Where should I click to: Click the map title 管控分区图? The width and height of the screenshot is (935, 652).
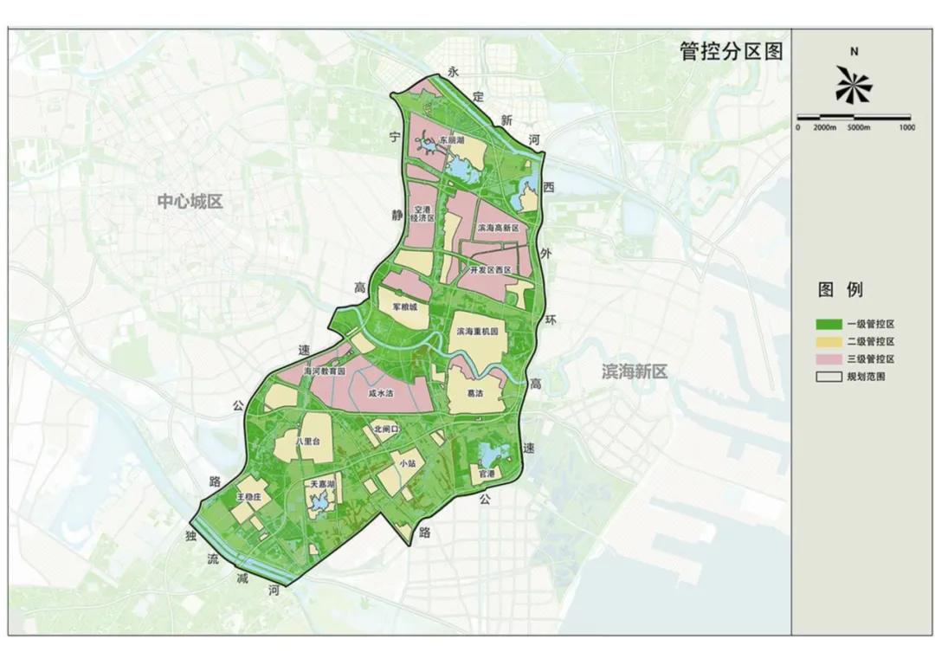[x=732, y=51]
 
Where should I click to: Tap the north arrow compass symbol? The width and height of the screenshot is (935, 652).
[x=854, y=85]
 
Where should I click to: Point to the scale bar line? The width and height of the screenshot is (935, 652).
[x=853, y=117]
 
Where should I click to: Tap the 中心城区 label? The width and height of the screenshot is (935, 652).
[x=190, y=202]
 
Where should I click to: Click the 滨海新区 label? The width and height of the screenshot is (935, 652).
[x=635, y=371]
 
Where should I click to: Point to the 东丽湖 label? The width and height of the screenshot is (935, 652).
[x=451, y=139]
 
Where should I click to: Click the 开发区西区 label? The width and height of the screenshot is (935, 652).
[x=490, y=270]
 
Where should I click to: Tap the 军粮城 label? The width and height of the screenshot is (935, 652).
[x=404, y=307]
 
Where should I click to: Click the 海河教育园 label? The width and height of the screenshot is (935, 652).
[x=325, y=371]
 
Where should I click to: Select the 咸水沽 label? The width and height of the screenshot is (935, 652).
[x=381, y=392]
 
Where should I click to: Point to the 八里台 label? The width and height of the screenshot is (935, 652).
[x=308, y=441]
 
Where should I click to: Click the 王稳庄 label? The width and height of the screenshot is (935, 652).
[x=248, y=497]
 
